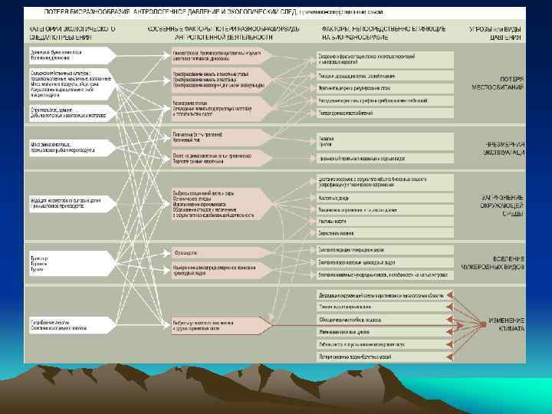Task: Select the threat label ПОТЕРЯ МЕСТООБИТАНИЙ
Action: click(x=501, y=84)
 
